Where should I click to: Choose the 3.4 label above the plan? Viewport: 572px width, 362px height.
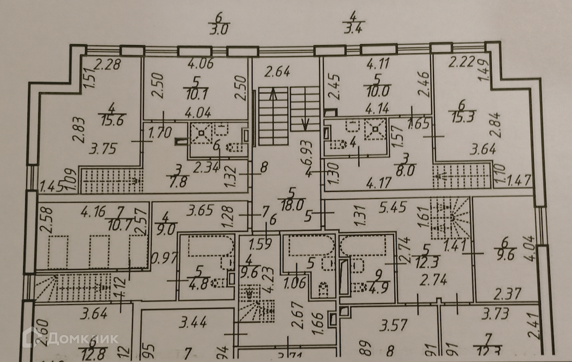click(353, 27)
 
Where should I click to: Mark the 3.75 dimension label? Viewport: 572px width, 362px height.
click(103, 148)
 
